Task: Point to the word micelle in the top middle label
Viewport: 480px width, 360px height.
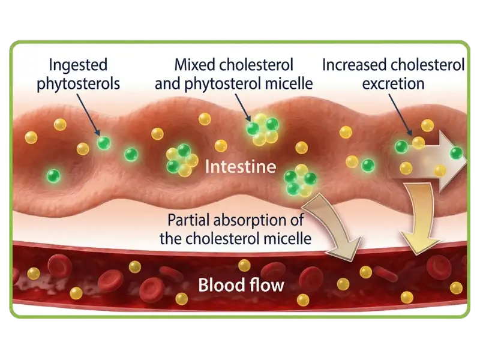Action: pos(291,83)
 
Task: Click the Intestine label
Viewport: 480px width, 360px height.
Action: pos(240,166)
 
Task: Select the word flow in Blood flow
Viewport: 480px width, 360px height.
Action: pos(265,283)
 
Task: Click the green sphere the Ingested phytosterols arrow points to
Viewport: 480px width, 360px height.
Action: pos(104,143)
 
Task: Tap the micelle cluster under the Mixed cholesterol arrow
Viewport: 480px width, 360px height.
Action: pos(263,130)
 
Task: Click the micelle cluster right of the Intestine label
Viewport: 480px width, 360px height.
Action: pos(300,180)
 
